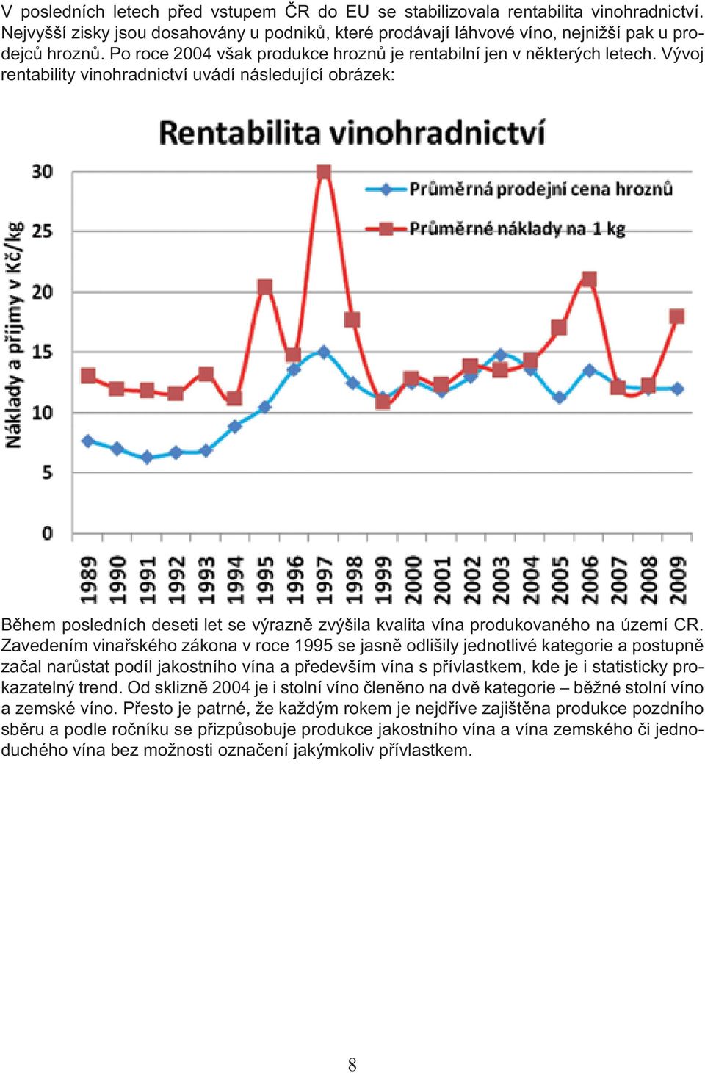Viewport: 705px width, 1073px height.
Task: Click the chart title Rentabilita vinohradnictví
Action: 352,133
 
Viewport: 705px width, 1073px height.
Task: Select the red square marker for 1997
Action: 324,172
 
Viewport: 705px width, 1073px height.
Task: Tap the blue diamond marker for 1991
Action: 147,458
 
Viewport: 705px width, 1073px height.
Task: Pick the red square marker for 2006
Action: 589,279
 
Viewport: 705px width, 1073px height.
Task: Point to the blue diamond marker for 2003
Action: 501,355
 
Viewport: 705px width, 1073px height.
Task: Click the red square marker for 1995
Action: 265,287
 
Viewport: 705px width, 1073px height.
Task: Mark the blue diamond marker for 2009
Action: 677,389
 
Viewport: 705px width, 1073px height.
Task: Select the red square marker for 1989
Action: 88,375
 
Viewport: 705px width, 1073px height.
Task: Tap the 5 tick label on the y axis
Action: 47,473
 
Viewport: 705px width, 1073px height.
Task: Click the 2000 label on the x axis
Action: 413,579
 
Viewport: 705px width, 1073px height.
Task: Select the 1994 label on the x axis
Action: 236,579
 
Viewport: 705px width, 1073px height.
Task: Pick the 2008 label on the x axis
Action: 649,579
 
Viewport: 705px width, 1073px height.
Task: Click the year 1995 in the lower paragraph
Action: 314,646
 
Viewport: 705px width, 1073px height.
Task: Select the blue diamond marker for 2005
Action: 560,397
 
